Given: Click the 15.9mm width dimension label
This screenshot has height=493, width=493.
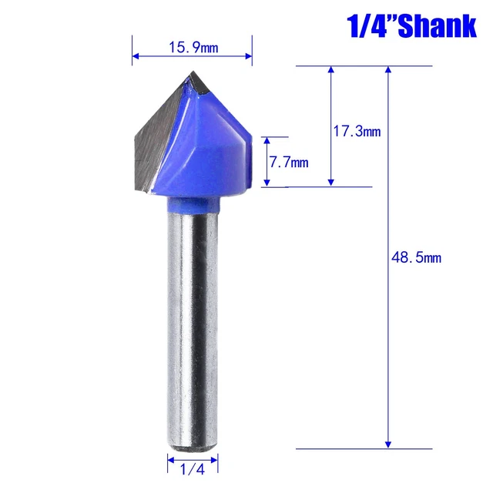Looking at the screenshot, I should coord(193,48).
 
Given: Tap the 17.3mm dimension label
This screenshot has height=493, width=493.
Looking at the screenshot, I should coord(357,132).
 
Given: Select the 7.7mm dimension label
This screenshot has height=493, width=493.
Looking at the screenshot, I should coord(287,163).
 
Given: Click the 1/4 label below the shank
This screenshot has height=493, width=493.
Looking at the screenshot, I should coord(193,467).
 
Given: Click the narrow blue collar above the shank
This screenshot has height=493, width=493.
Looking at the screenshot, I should coord(193,203).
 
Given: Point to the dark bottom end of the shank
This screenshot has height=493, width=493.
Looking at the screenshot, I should coord(192,443).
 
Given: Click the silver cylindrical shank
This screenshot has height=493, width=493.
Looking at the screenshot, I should coord(192,324).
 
